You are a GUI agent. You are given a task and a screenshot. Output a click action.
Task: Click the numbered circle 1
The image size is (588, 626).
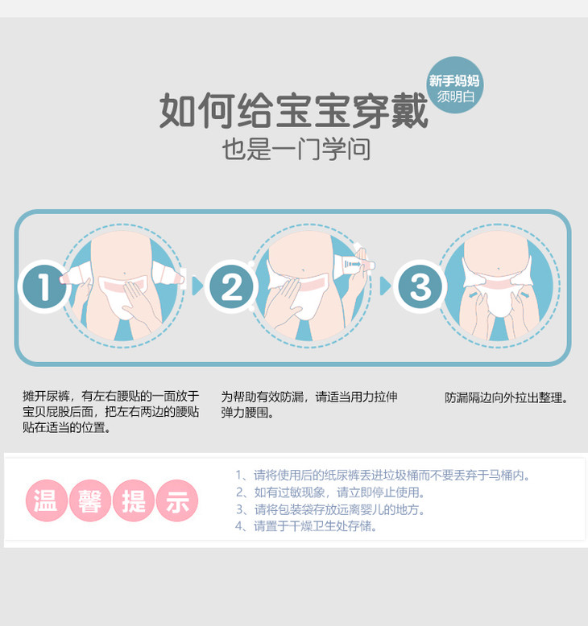(x=44, y=286)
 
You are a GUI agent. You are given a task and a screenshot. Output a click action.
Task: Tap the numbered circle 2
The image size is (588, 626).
(x=231, y=286)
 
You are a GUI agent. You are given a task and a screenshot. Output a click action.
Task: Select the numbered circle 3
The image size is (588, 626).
(x=420, y=286)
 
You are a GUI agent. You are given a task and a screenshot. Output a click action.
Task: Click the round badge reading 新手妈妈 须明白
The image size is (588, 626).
(x=454, y=85)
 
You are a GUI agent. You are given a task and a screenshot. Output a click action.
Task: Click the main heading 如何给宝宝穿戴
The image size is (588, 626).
(x=294, y=110)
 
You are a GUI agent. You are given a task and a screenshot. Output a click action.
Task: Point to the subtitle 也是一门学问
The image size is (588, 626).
(x=296, y=150)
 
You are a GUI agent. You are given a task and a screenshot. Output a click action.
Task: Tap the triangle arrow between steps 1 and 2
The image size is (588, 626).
(x=197, y=286)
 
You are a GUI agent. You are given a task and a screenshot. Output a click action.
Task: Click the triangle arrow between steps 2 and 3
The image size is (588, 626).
(x=385, y=286)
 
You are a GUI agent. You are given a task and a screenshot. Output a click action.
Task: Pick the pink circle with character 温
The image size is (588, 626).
(x=47, y=500)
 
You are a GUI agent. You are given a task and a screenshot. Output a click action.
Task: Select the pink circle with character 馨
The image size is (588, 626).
(x=90, y=500)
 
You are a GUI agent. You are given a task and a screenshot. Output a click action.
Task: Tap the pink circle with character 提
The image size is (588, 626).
(x=134, y=500)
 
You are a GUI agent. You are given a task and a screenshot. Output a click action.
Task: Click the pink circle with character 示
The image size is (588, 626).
(x=176, y=500)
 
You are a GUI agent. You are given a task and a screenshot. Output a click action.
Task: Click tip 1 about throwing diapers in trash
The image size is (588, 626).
(x=382, y=475)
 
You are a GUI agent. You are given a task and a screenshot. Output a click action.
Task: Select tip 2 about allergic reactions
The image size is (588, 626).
(x=329, y=492)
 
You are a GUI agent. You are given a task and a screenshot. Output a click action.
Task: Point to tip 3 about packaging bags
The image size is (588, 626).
(x=329, y=509)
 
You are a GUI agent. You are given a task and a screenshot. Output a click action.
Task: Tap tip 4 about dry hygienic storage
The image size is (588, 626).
(x=306, y=526)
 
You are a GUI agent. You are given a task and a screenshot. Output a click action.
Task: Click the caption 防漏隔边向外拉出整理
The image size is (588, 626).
(x=506, y=397)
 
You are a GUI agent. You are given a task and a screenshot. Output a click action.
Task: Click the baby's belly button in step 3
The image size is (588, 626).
(x=498, y=269)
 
